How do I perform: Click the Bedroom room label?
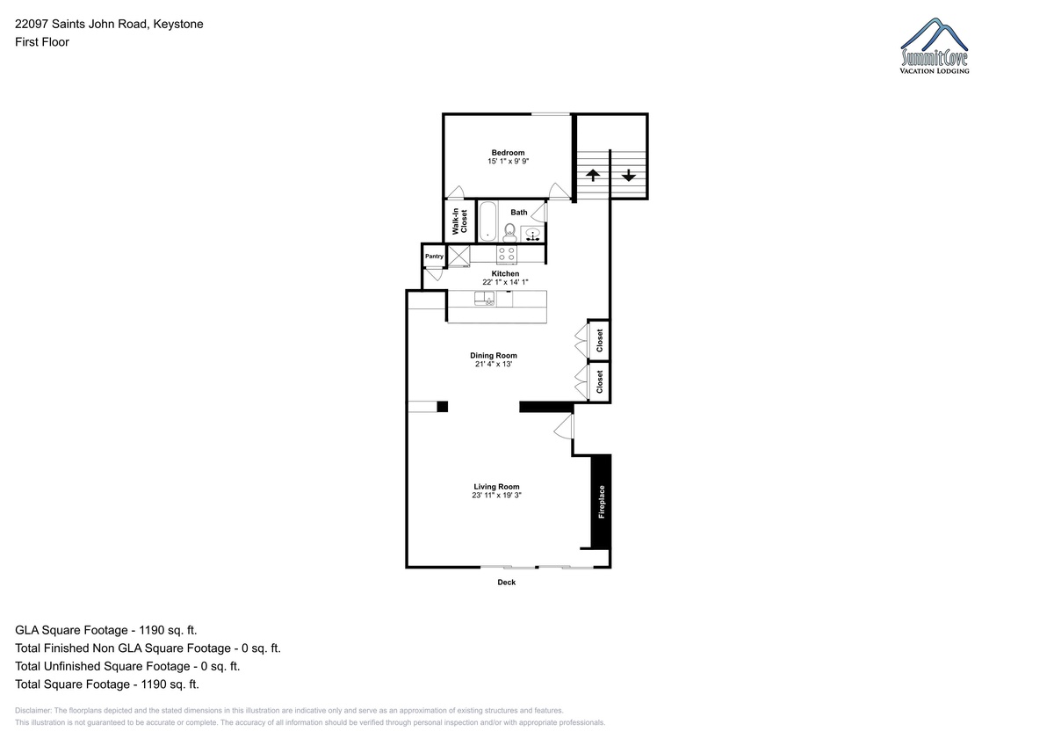[x=508, y=153]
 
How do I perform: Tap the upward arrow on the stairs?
[x=593, y=175]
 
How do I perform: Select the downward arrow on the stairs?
[x=629, y=175]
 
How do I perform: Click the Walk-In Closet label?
[x=459, y=221]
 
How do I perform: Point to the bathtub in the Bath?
[x=487, y=221]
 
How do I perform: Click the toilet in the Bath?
[x=509, y=233]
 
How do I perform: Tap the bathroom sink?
[x=532, y=234]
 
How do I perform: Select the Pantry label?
[x=434, y=256]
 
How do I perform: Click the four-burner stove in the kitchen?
[x=507, y=254]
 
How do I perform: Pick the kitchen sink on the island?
[x=484, y=299]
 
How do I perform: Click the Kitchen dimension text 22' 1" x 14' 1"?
[x=505, y=282]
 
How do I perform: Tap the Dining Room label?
[x=494, y=355]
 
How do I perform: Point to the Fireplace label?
[x=602, y=502]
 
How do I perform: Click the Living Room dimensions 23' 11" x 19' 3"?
[x=497, y=496]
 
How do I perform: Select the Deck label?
[x=506, y=583]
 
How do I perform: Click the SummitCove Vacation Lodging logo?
[x=935, y=46]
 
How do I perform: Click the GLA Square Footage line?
[x=106, y=630]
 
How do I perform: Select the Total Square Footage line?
[x=107, y=684]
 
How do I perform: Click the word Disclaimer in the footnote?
[x=32, y=710]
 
